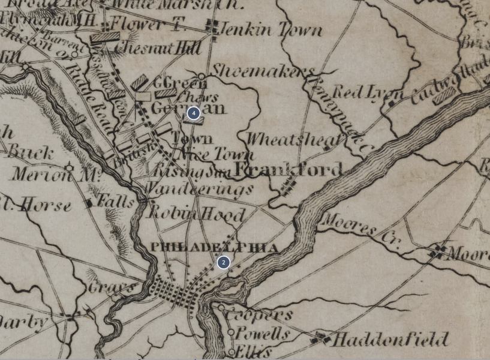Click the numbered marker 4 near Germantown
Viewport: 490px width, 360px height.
click(193, 113)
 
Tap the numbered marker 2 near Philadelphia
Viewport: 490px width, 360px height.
click(223, 262)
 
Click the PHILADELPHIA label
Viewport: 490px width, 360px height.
click(214, 247)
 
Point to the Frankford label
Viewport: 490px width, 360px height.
click(288, 170)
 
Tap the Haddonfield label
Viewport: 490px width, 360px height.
click(390, 340)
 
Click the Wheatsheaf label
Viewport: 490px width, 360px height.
click(293, 140)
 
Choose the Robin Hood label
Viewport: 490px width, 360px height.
click(197, 214)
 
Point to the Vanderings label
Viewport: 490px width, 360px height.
click(200, 190)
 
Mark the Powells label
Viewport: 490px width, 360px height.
click(263, 334)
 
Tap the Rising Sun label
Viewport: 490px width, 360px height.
click(193, 172)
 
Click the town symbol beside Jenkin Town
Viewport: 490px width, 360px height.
click(211, 26)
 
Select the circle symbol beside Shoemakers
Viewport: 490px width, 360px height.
click(202, 76)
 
